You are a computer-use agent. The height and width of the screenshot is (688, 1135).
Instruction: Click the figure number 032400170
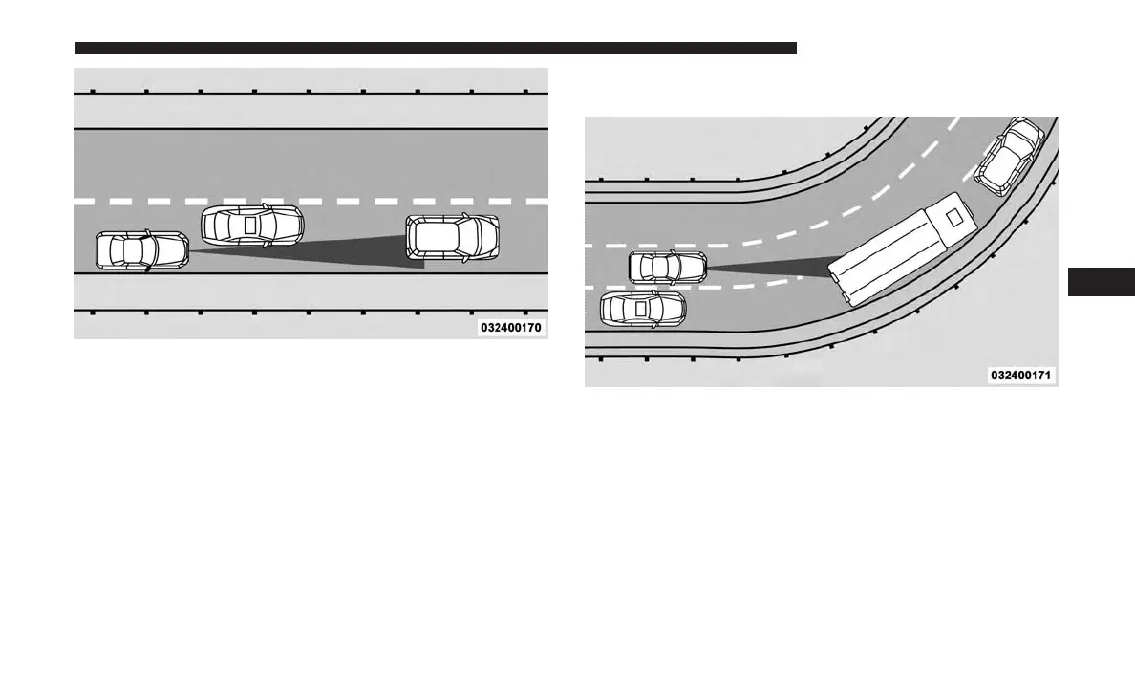[512, 327]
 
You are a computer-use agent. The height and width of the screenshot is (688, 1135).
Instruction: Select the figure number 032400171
[1020, 376]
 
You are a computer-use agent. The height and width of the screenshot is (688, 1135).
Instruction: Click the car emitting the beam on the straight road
[142, 250]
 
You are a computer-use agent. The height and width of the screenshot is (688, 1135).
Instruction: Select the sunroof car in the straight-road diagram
[252, 226]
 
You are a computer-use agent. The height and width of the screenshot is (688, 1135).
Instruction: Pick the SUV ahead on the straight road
[452, 237]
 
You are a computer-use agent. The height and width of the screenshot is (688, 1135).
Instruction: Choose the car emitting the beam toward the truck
[668, 267]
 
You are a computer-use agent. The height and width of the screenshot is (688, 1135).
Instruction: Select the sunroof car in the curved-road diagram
[642, 308]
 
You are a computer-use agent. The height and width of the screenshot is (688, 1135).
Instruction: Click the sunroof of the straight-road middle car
[251, 226]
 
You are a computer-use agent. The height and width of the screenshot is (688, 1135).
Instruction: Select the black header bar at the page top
[435, 47]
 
